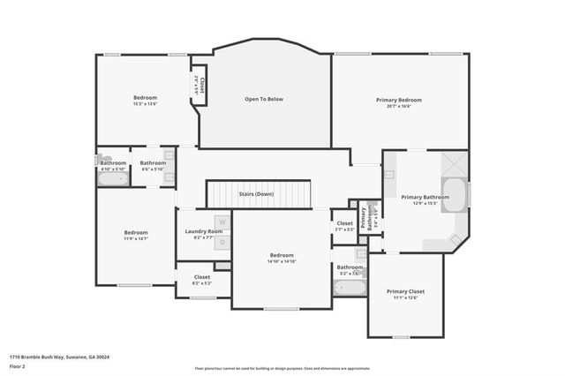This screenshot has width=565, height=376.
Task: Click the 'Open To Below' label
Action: pos(264,99)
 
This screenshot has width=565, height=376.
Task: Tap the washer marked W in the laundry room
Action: pos(222,222)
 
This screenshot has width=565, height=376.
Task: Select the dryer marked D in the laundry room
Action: pos(222,241)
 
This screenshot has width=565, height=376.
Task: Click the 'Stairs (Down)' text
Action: pos(256,193)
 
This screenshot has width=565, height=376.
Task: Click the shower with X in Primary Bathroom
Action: pos(453,165)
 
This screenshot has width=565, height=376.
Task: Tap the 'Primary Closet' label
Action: pos(405,290)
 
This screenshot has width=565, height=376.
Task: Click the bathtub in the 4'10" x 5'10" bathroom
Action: pos(112,178)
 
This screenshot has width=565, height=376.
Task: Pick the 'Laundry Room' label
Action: pos(203,231)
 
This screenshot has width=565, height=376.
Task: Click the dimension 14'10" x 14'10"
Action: pos(282,261)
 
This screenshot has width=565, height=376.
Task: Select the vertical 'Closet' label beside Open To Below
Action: pos(202,86)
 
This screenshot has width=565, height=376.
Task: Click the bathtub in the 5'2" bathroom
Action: pos(348,288)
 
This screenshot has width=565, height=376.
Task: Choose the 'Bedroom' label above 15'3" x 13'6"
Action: pos(145,97)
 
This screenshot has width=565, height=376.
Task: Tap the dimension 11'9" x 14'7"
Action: pos(135,238)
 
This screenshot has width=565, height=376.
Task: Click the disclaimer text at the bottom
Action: pos(282,367)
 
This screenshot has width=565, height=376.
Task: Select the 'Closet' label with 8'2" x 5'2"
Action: pos(201,277)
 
